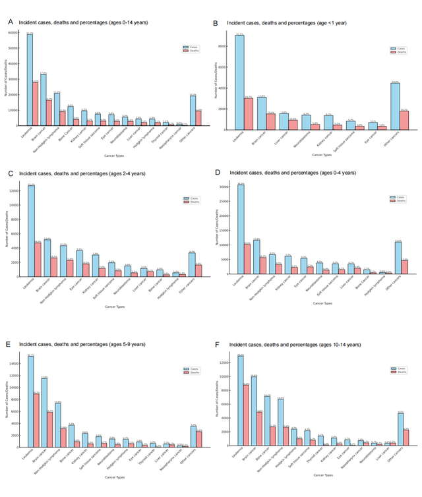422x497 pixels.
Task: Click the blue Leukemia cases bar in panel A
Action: [30, 79]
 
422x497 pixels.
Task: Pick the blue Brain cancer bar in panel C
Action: [47, 258]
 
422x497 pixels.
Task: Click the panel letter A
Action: [10, 22]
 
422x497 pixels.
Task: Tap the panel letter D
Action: [219, 173]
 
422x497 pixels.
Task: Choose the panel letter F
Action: [219, 344]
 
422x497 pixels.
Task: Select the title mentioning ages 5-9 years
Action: [83, 344]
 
